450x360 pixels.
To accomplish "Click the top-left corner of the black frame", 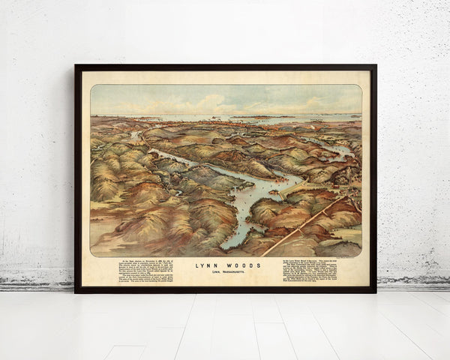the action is point(76,66).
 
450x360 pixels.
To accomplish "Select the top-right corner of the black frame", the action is point(375,66).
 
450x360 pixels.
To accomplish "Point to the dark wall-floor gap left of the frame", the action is point(37,286).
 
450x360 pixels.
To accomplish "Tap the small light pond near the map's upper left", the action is point(135,136).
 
